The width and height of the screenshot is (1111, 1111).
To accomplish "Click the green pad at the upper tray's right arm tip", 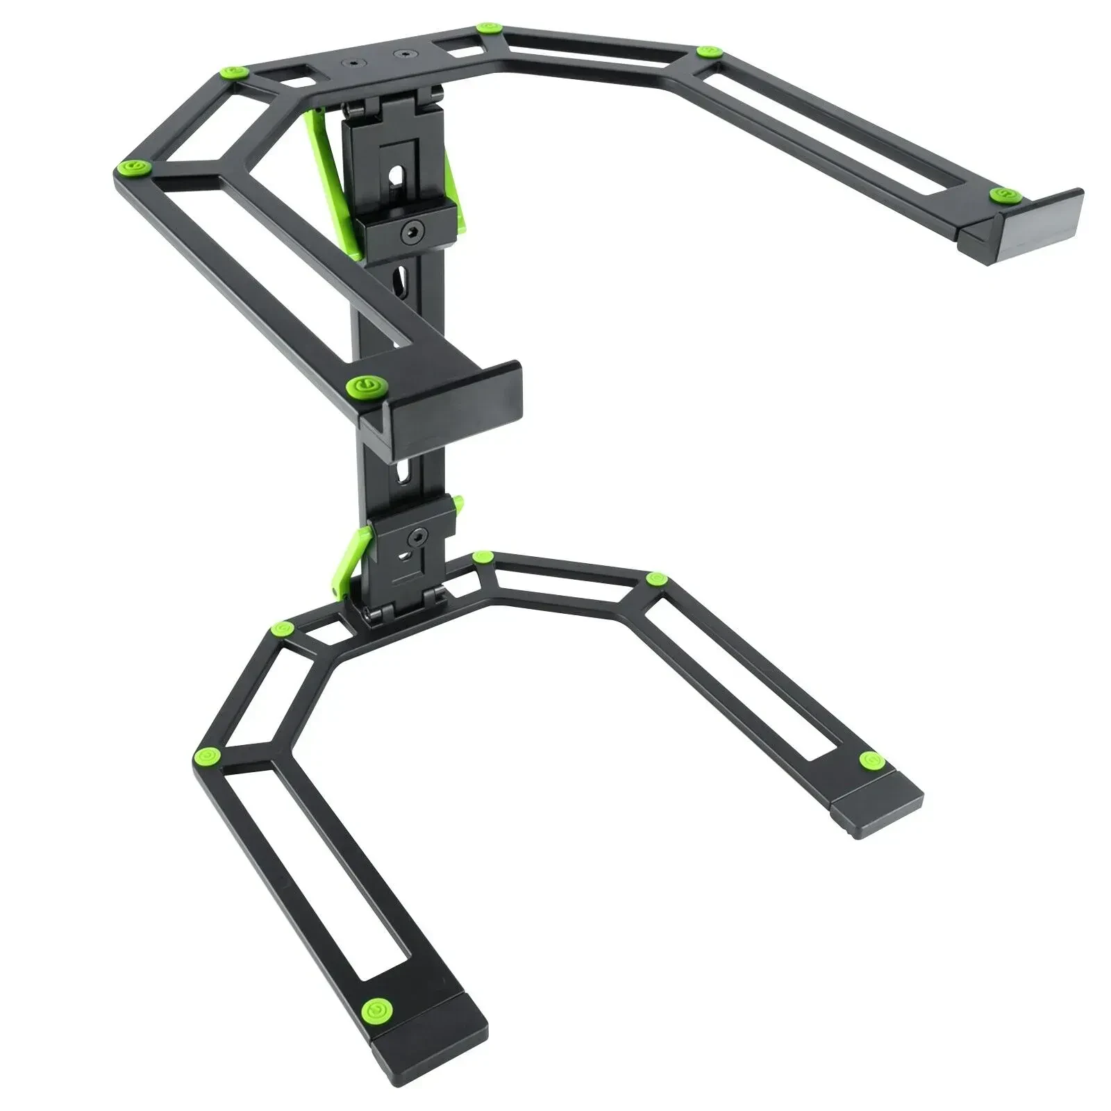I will click(1000, 195).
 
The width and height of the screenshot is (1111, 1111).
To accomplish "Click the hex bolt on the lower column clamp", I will click(418, 537).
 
